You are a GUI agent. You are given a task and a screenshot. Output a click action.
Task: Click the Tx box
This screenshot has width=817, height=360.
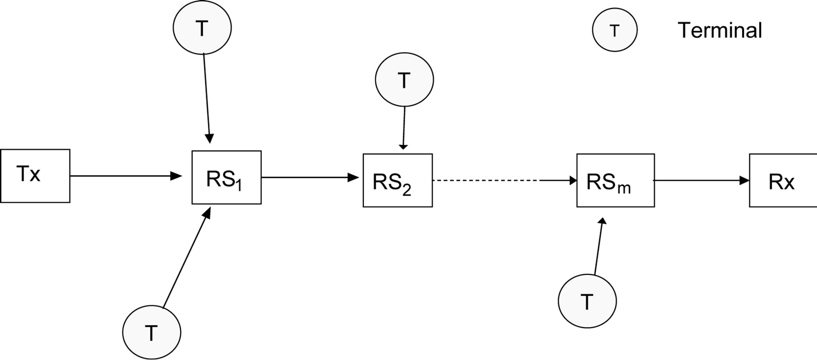[x=35, y=176]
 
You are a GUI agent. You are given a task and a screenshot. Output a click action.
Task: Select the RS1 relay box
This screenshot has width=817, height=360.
[x=226, y=177]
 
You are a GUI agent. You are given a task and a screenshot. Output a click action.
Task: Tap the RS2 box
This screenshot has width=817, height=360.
[x=397, y=181]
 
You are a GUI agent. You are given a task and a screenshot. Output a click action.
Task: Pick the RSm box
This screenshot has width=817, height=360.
[x=615, y=181]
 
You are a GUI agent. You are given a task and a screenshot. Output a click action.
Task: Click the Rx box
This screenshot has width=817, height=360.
[x=782, y=181]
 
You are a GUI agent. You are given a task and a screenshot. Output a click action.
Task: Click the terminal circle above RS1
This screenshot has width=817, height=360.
[x=202, y=28]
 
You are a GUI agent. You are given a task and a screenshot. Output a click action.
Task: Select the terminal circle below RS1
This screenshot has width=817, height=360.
[x=151, y=332]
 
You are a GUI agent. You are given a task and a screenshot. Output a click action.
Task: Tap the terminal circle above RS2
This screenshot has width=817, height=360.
[x=404, y=80]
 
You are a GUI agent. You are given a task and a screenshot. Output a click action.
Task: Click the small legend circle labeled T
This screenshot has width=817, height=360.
[x=614, y=31]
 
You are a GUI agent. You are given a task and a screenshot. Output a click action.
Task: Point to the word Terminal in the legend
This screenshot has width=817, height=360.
[x=719, y=31]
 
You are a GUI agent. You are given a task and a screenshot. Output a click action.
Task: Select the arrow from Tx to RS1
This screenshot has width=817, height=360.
[x=126, y=176]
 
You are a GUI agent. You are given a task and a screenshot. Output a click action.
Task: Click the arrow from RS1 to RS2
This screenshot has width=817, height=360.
[x=310, y=177]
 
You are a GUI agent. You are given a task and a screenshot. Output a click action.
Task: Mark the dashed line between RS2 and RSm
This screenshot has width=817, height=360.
[x=486, y=181]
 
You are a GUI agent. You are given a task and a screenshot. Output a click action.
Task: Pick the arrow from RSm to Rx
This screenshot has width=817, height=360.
[x=701, y=181]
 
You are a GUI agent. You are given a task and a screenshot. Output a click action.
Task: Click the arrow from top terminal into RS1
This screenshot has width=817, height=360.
[x=207, y=98]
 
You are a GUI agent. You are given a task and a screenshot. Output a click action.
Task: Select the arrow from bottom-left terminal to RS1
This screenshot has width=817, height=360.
[x=187, y=257]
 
